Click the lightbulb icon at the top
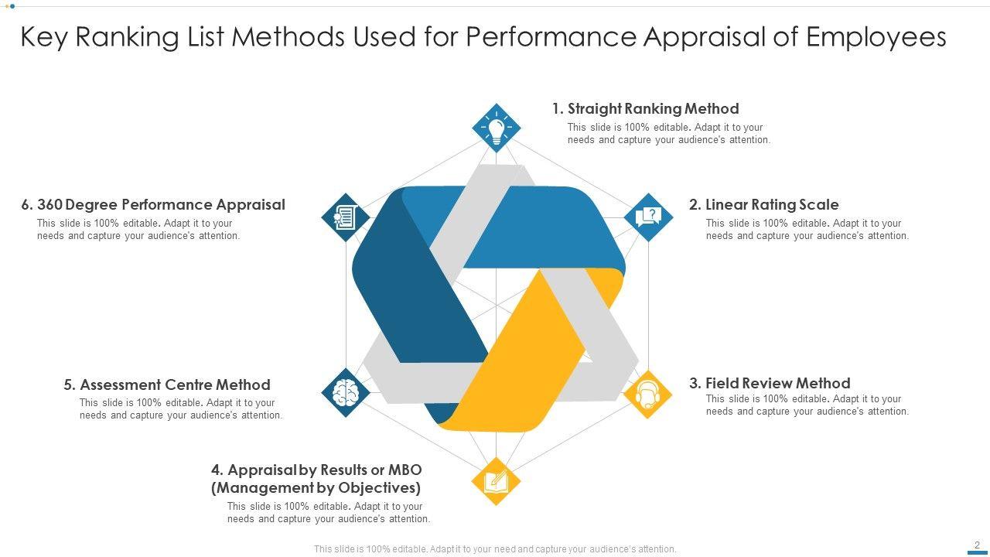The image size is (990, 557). point(496,128)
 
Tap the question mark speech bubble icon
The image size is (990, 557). point(648,217)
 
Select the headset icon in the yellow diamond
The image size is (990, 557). point(647,395)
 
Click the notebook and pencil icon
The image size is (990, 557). point(496,481)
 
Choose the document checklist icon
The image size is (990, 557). point(345,217)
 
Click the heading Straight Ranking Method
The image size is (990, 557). point(653,109)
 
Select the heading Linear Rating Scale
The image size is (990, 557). point(771,205)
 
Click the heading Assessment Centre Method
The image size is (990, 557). point(175,385)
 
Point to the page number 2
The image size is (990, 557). point(977,545)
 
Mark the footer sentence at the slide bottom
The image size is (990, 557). point(495,549)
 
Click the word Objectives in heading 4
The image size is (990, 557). point(381,488)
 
